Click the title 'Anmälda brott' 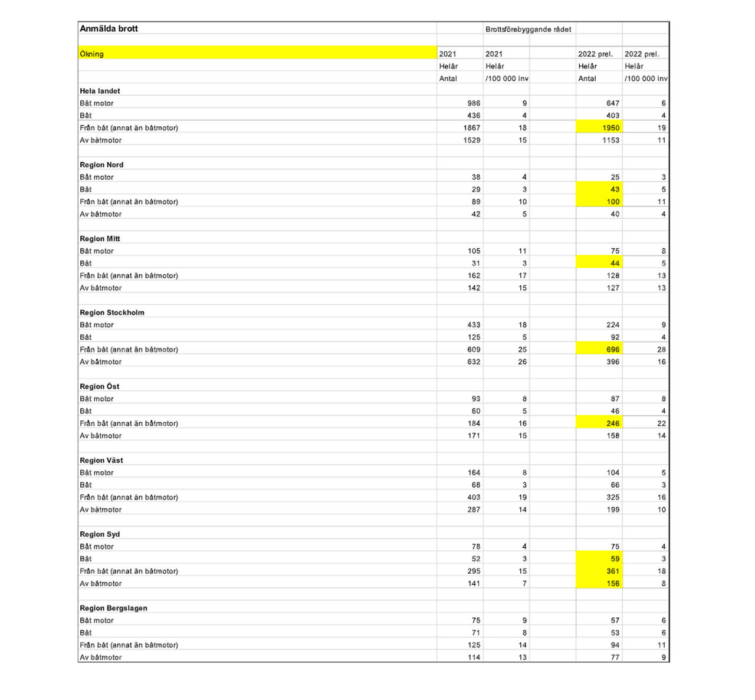tap(109, 28)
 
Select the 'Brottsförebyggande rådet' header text tap(528, 29)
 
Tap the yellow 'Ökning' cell tap(257, 53)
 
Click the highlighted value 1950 tap(610, 127)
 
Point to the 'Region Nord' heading tap(101, 165)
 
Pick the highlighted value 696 tap(612, 349)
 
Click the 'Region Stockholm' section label tap(111, 313)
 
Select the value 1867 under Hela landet tap(471, 127)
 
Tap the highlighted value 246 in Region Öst tap(612, 423)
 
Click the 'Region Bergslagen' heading tap(113, 608)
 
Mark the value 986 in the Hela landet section tap(473, 103)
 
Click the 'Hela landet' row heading tap(100, 91)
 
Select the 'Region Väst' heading tap(101, 460)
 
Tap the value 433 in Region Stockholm tap(473, 325)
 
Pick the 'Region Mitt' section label tap(100, 238)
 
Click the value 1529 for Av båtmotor tap(471, 140)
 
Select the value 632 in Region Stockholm tap(473, 361)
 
